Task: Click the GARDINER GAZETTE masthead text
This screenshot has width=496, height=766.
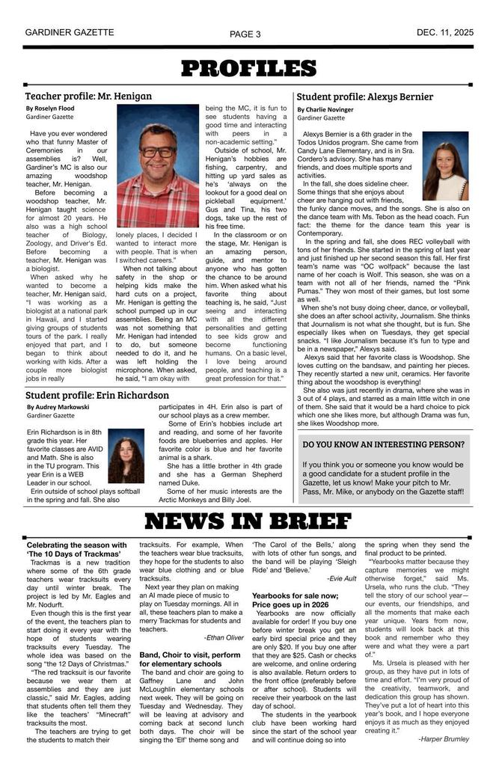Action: pyautogui.click(x=70, y=33)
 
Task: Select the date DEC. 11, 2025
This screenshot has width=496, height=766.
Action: pyautogui.click(x=444, y=33)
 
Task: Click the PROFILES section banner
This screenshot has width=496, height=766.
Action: pyautogui.click(x=248, y=70)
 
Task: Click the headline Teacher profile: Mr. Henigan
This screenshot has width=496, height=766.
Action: pyautogui.click(x=88, y=96)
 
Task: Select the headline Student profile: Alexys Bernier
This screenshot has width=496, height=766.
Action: pyautogui.click(x=365, y=96)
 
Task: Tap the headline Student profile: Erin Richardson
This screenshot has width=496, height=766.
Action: pyautogui.click(x=97, y=395)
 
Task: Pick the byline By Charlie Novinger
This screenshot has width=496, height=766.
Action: pyautogui.click(x=325, y=109)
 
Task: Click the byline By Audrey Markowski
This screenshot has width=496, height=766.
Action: pyautogui.click(x=58, y=407)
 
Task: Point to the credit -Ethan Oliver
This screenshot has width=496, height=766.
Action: pyautogui.click(x=223, y=637)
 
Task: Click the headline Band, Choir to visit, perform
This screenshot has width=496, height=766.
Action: pyautogui.click(x=189, y=655)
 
